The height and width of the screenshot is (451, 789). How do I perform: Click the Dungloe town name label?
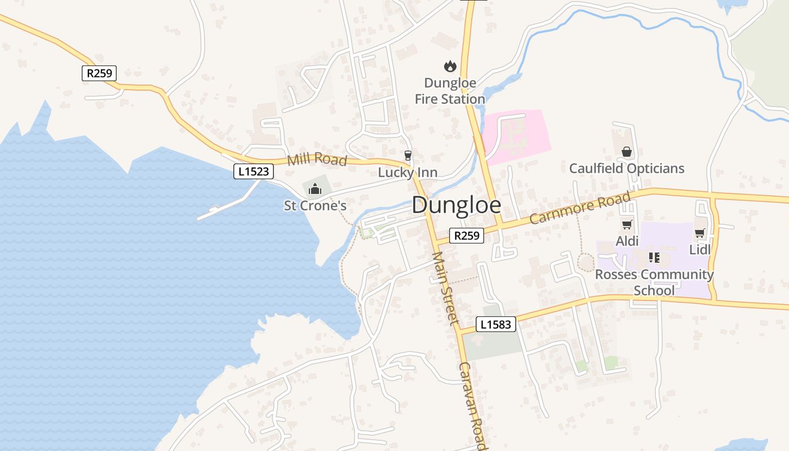pyautogui.click(x=456, y=206)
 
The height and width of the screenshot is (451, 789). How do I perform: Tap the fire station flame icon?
pyautogui.click(x=450, y=67)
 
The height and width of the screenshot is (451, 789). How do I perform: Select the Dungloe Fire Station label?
pyautogui.click(x=450, y=91)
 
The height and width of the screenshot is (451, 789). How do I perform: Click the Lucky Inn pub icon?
pyautogui.click(x=408, y=155)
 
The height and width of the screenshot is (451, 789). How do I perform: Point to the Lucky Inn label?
pyautogui.click(x=407, y=173)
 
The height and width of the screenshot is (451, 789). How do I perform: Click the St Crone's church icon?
pyautogui.click(x=315, y=189)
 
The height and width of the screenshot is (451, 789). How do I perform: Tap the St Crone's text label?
pyautogui.click(x=315, y=206)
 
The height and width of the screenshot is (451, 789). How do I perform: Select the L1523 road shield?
pyautogui.click(x=254, y=171)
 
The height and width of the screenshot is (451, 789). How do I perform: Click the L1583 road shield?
pyautogui.click(x=496, y=324)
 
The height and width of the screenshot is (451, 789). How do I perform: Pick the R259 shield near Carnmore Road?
pyautogui.click(x=467, y=236)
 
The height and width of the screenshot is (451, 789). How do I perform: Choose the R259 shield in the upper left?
pyautogui.click(x=99, y=73)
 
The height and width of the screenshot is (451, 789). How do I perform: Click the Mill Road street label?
pyautogui.click(x=317, y=160)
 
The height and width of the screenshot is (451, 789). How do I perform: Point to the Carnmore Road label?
pyautogui.click(x=580, y=208)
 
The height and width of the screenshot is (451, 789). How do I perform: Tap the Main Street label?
pyautogui.click(x=444, y=288)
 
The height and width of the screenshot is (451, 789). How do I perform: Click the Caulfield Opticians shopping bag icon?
pyautogui.click(x=626, y=152)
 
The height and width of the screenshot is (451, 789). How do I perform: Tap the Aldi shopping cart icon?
pyautogui.click(x=627, y=224)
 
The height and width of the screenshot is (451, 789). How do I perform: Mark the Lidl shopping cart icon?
pyautogui.click(x=700, y=233)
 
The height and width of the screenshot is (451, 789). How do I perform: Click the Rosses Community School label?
pyautogui.click(x=654, y=282)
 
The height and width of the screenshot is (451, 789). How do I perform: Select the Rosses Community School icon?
pyautogui.click(x=654, y=258)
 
